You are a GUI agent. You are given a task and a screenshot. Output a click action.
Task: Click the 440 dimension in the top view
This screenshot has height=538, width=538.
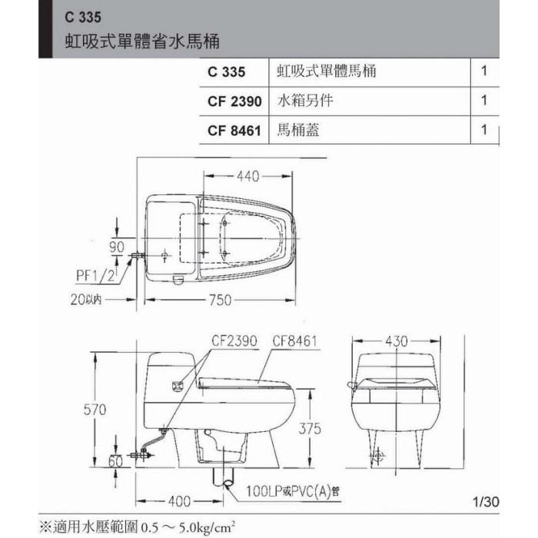click(247, 176)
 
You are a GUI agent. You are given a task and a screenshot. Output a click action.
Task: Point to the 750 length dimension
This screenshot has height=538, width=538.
click(221, 300)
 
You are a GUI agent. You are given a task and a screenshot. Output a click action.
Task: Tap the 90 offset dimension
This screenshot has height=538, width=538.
click(117, 247)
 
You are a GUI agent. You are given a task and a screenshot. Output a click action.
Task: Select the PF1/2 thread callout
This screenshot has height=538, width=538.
click(95, 275)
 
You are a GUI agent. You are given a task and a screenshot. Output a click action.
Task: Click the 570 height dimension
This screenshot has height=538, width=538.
click(95, 410)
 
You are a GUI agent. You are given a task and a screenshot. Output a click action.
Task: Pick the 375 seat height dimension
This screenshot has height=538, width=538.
click(310, 429)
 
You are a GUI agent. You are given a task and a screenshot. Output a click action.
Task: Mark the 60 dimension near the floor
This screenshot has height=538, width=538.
click(115, 461)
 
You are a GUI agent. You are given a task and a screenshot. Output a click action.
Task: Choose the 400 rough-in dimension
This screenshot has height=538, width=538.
click(179, 501)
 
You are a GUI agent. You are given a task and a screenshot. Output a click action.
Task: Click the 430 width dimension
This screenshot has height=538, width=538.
click(397, 341)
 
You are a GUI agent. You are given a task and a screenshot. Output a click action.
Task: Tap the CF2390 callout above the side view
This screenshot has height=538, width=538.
click(234, 340)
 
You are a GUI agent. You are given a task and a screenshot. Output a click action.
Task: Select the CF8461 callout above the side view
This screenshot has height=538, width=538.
click(294, 341)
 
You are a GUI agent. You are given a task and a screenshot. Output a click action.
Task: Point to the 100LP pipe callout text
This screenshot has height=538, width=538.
click(293, 491)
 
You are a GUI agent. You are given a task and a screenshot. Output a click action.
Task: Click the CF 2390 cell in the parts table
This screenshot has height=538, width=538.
click(234, 101)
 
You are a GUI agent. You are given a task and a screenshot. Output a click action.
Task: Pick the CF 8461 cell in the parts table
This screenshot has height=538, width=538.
click(234, 131)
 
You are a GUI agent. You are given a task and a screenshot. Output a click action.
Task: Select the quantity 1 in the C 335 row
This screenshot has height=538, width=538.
click(484, 71)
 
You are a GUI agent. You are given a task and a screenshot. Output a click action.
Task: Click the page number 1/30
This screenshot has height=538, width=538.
click(486, 502)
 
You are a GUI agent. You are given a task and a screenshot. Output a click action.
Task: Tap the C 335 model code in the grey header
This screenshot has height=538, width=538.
click(83, 17)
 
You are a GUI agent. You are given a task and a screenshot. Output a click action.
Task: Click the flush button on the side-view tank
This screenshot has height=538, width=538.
click(178, 387)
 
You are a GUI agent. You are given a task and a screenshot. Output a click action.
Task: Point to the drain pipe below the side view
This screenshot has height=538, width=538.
click(224, 477)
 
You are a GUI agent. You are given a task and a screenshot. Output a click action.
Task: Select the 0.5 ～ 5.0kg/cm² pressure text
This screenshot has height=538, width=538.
click(188, 526)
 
